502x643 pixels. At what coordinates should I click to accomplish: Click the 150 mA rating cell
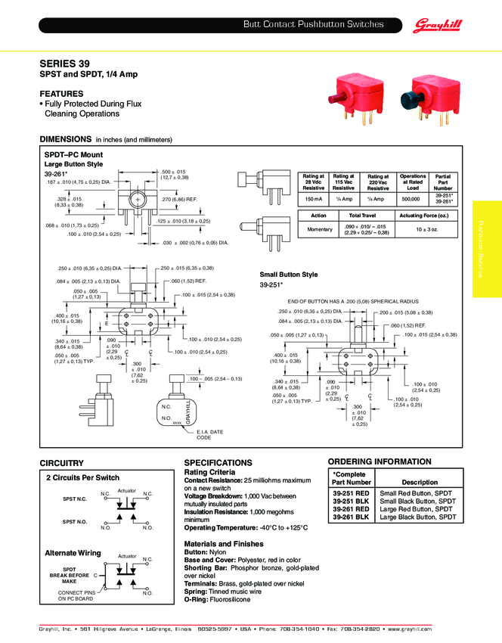[313, 199]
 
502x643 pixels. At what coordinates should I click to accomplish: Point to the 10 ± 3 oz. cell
[423, 229]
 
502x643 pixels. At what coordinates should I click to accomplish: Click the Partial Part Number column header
[443, 182]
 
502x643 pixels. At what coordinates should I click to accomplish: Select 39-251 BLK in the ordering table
[351, 501]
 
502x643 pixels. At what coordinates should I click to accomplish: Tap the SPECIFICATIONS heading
[218, 462]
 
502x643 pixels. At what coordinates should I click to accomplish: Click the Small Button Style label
[289, 275]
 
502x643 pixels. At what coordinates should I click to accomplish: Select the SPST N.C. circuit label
[75, 499]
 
